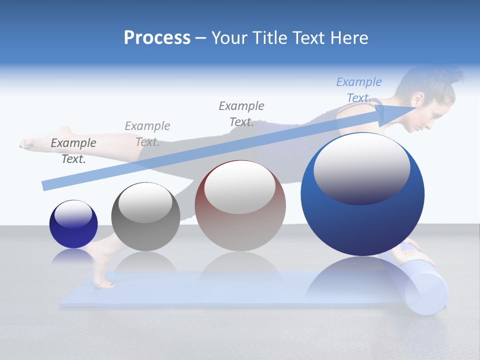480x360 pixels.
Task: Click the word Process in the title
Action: click(157, 38)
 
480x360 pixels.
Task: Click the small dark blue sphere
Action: click(73, 224)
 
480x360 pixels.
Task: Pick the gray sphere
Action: click(145, 216)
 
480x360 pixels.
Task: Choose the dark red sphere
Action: click(240, 205)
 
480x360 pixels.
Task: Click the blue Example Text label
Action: click(359, 90)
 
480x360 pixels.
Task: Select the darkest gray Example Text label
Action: click(73, 150)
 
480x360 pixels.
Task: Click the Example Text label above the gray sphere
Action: click(147, 133)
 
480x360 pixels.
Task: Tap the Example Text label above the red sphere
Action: click(241, 113)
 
